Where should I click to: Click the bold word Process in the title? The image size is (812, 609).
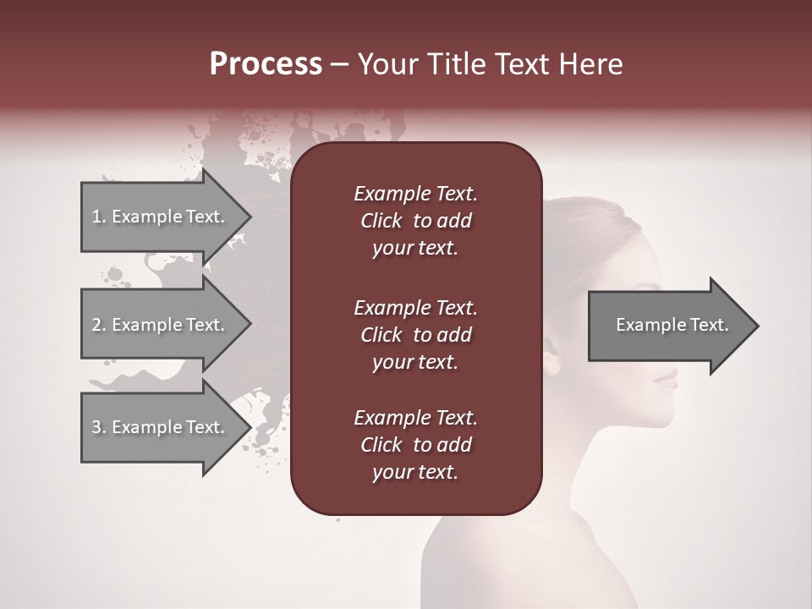(266, 64)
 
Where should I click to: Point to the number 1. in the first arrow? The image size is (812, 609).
(98, 217)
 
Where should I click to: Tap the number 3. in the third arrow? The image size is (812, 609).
(98, 427)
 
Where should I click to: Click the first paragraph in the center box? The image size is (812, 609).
(415, 221)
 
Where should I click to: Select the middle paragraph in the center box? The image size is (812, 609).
(415, 335)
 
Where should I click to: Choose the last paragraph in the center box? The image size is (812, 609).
(415, 445)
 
